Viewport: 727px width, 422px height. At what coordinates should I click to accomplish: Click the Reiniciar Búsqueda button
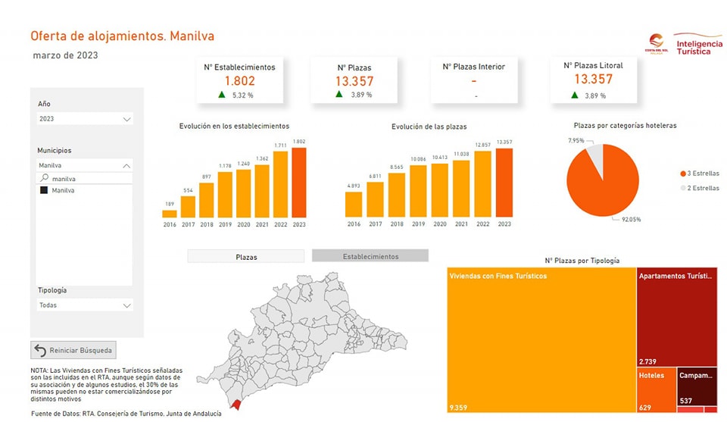tap(74, 350)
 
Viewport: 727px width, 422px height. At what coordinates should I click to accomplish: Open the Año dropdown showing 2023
tap(85, 119)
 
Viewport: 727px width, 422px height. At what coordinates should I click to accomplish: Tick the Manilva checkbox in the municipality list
tap(44, 191)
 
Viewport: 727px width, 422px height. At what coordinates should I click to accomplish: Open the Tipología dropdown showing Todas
tap(85, 305)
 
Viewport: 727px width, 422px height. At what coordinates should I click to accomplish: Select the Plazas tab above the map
tap(245, 257)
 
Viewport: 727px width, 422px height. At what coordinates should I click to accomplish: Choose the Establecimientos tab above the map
tap(370, 256)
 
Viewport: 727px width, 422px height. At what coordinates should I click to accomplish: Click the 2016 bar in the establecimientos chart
tap(170, 213)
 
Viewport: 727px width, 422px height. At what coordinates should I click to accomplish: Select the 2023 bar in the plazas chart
tap(504, 183)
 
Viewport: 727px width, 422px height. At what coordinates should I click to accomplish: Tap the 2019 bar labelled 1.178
tap(225, 194)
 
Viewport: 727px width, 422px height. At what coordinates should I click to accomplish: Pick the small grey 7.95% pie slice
tap(595, 158)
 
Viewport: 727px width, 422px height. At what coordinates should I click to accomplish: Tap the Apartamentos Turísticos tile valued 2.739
tap(676, 317)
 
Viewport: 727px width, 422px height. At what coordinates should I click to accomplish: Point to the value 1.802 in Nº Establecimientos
tap(239, 80)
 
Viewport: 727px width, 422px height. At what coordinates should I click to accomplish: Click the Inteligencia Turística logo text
tap(697, 43)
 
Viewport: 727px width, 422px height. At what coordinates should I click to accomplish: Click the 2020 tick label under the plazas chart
tap(439, 224)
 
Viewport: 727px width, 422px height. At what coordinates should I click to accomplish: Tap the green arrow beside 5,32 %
tap(222, 95)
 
